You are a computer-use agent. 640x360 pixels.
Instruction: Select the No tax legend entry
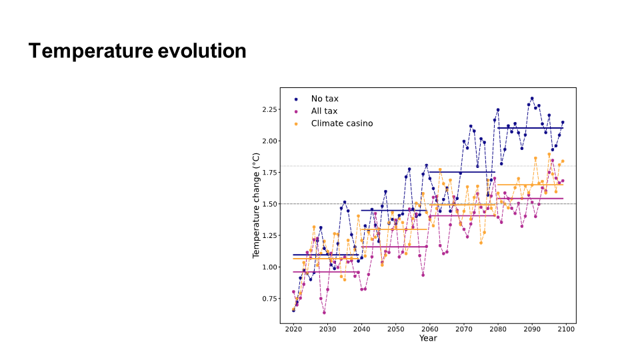click(x=325, y=99)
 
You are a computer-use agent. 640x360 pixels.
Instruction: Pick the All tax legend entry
click(x=325, y=111)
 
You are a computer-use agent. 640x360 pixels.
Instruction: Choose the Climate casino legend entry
click(x=341, y=123)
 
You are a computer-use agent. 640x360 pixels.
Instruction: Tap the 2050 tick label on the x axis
click(x=395, y=329)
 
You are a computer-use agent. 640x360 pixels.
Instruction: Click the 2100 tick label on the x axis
click(x=566, y=329)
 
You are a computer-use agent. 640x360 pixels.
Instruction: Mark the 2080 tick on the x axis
click(x=498, y=329)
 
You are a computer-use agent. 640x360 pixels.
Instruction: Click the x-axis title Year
click(x=428, y=338)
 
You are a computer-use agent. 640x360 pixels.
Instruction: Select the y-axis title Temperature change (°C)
click(x=256, y=205)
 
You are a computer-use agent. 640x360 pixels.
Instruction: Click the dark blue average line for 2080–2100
click(x=530, y=128)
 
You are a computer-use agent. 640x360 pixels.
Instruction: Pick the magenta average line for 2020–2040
click(x=325, y=272)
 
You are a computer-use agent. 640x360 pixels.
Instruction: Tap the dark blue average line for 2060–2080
click(x=462, y=172)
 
